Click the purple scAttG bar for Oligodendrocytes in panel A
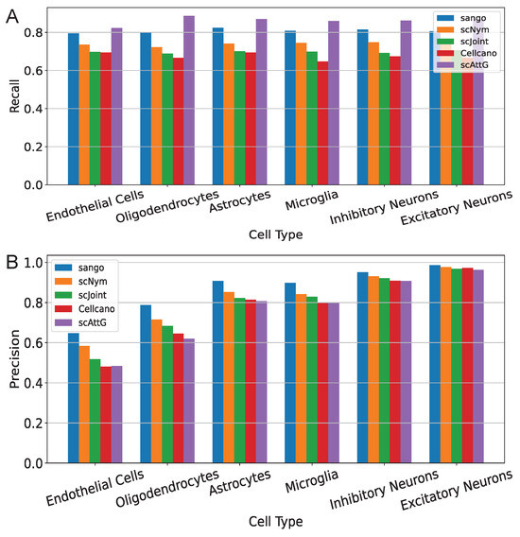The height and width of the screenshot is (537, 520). coord(189,100)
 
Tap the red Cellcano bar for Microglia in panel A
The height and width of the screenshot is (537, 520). coord(322,123)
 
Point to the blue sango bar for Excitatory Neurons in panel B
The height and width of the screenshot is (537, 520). coord(435,364)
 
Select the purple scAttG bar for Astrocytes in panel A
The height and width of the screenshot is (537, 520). coord(261,102)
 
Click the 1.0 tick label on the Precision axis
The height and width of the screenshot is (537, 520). coord(39,261)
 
